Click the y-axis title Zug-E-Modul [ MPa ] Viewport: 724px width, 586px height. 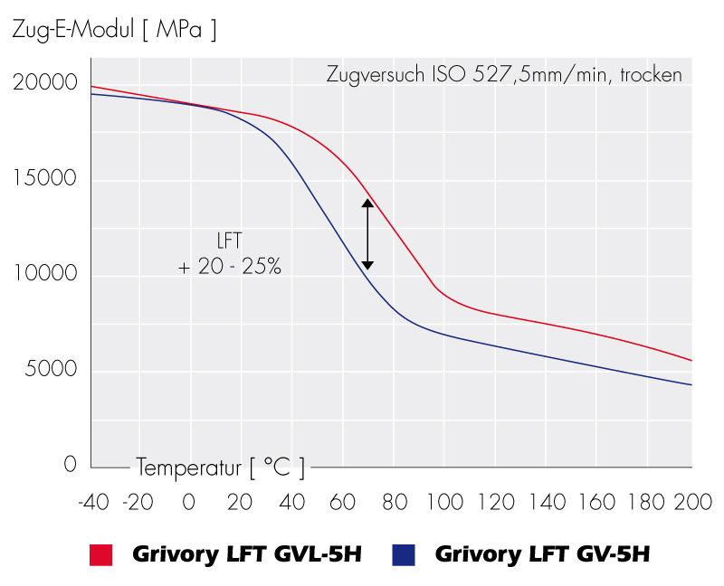pyautogui.click(x=114, y=30)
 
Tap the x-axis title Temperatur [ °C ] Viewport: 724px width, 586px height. pyautogui.click(x=221, y=468)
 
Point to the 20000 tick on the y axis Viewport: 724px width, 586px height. pyautogui.click(x=45, y=82)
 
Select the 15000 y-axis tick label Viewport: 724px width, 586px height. pyautogui.click(x=45, y=178)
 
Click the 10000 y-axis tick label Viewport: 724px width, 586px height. pyautogui.click(x=45, y=274)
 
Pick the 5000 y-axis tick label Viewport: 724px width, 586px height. pyautogui.click(x=51, y=370)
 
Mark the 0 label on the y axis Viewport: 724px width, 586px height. pyautogui.click(x=71, y=465)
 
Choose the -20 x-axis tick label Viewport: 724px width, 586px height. pyautogui.click(x=139, y=502)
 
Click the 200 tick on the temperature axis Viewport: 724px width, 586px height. pyautogui.click(x=692, y=502)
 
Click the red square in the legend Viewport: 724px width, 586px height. pyautogui.click(x=100, y=554)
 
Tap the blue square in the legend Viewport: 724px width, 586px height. pyautogui.click(x=404, y=554)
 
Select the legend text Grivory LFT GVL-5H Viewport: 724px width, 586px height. pyautogui.click(x=247, y=554)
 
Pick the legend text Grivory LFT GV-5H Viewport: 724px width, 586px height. pyautogui.click(x=542, y=554)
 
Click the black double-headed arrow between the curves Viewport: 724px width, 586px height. pyautogui.click(x=367, y=235)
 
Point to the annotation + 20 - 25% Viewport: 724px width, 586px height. pyautogui.click(x=230, y=268)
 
